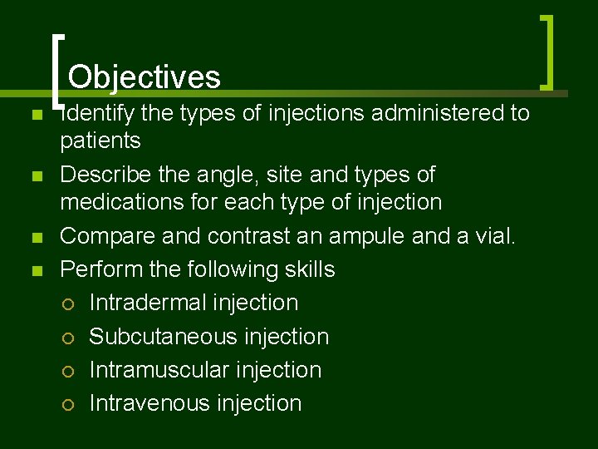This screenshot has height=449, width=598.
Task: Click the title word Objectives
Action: coord(145,77)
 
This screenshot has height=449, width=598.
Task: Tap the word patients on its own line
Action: coord(100,141)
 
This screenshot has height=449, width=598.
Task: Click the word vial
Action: coord(498,236)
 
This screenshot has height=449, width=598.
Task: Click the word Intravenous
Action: coord(149,403)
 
